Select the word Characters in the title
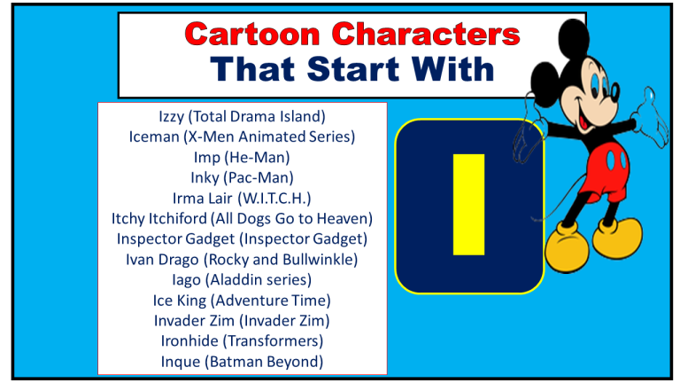click(423, 35)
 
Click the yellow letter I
click(468, 205)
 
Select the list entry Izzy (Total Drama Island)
click(242, 116)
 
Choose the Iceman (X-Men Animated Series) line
click(242, 137)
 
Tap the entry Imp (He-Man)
click(242, 157)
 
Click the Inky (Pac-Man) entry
click(242, 177)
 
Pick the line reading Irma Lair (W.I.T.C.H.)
click(242, 198)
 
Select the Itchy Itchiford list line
click(242, 218)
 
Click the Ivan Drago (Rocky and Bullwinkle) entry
click(242, 259)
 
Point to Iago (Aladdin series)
click(242, 279)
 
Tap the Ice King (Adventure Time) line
click(242, 300)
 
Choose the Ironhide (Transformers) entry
click(242, 340)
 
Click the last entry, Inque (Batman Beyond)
click(242, 361)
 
